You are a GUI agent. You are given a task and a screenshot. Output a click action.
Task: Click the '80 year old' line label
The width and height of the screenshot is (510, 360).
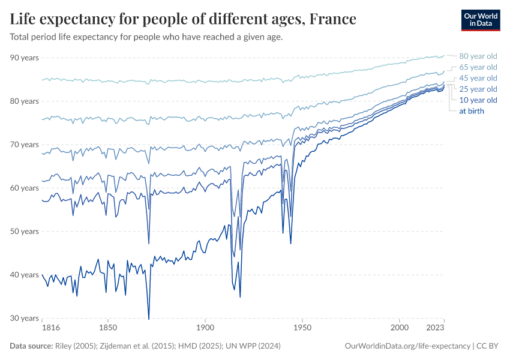click(x=478, y=56)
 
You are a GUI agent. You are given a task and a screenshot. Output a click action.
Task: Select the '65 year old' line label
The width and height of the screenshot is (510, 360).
click(x=478, y=67)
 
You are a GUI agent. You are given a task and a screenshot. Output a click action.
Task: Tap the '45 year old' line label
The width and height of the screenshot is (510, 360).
click(x=478, y=78)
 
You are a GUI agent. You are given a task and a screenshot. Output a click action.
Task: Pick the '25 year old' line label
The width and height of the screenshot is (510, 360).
click(x=478, y=89)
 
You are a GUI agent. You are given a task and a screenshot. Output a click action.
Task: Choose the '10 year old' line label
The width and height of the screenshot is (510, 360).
click(x=478, y=100)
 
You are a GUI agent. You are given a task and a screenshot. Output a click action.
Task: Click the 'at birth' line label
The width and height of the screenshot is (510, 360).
click(x=471, y=111)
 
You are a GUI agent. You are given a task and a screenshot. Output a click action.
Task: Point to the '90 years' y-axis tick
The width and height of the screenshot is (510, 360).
click(x=25, y=58)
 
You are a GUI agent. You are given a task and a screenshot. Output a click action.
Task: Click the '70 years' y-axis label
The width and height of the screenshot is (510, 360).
click(x=25, y=145)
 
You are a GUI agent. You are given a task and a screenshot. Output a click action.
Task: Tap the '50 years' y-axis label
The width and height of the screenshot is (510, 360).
click(x=25, y=232)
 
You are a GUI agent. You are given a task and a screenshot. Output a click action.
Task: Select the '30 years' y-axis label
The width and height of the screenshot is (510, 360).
click(x=25, y=318)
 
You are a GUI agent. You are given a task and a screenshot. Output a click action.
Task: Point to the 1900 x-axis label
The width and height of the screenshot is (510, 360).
click(x=205, y=329)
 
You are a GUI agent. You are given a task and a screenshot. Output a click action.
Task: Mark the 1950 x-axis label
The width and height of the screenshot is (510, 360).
click(x=302, y=329)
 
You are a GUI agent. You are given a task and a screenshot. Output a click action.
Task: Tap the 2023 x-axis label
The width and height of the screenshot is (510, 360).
click(x=436, y=329)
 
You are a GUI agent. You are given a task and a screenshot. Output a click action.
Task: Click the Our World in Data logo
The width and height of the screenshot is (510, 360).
click(x=481, y=20)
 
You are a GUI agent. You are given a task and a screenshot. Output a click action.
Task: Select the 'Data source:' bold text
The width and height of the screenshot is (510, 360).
click(x=31, y=346)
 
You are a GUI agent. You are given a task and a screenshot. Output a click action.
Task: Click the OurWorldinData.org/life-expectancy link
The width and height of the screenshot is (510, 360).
click(x=407, y=346)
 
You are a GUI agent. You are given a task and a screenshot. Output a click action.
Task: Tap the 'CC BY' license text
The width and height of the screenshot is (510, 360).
click(x=488, y=346)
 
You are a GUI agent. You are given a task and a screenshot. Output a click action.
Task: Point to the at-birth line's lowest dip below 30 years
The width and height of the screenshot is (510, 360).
click(x=149, y=319)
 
